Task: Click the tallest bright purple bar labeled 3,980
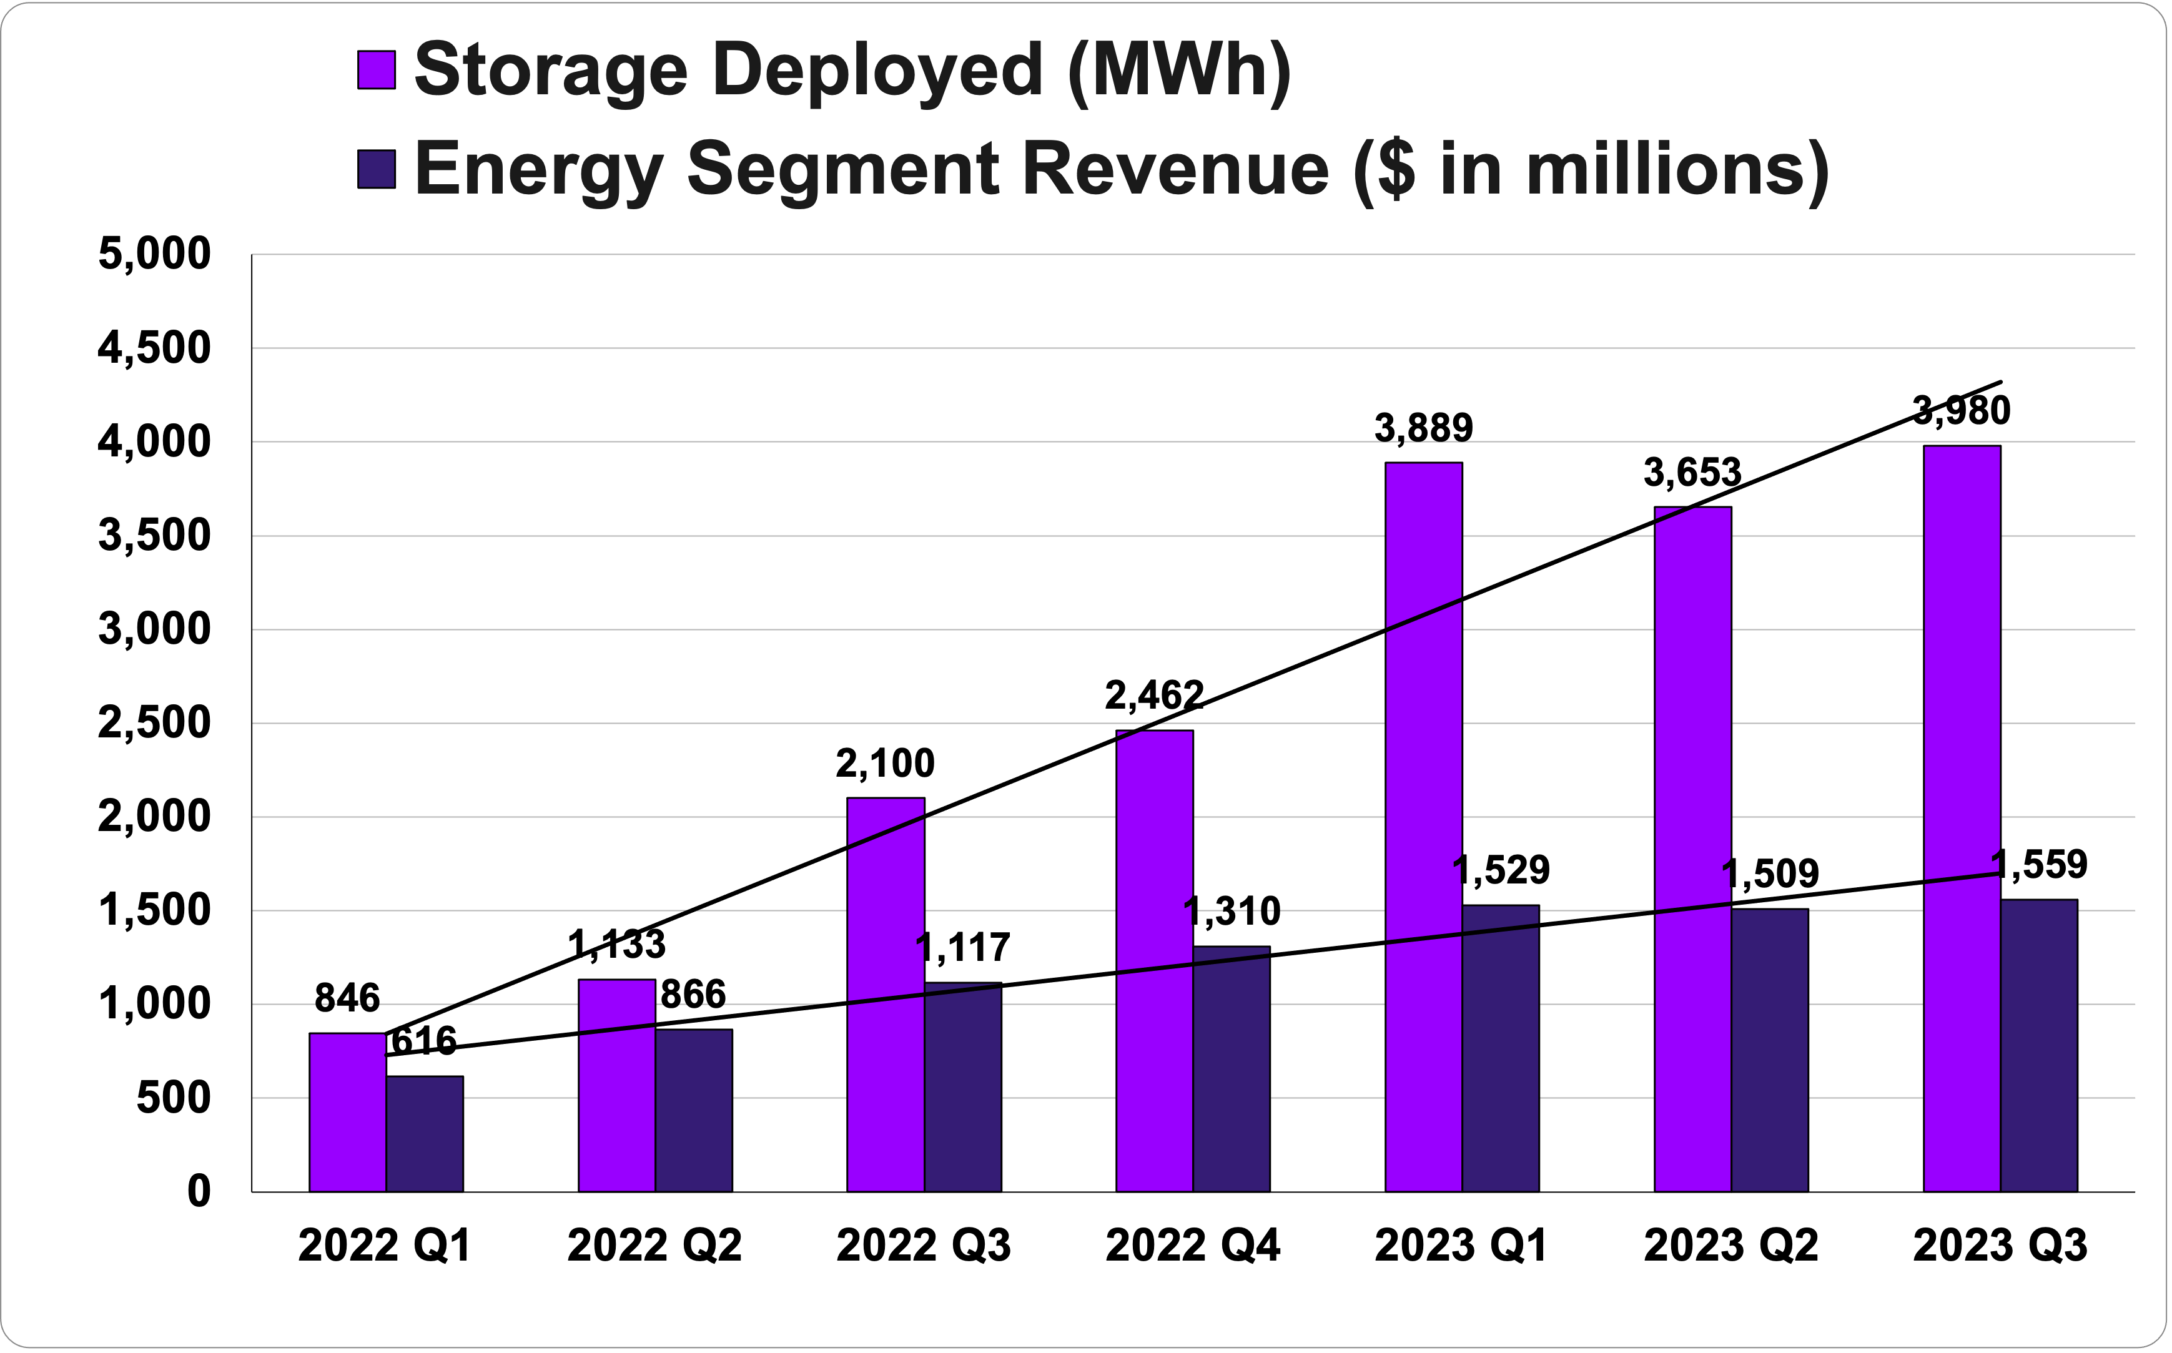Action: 1962,818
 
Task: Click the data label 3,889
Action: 1423,429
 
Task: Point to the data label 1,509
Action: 1770,874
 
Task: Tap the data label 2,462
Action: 1155,696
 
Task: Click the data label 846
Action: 347,998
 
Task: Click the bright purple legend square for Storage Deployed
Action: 376,70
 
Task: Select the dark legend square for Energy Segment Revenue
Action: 376,169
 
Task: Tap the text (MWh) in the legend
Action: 1180,70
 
